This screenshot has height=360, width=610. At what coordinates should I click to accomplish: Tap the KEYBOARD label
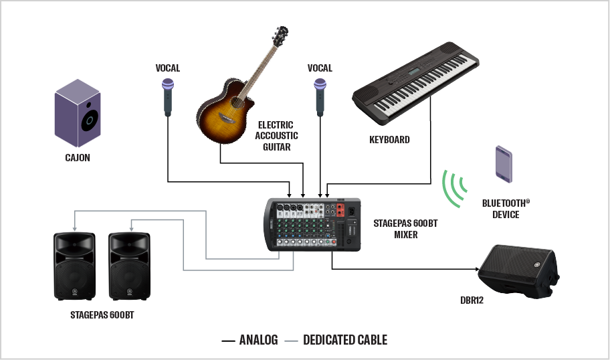pos(389,140)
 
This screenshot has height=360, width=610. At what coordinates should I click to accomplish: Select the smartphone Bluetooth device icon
pos(504,164)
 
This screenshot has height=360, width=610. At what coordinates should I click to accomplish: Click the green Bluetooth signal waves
pos(454,189)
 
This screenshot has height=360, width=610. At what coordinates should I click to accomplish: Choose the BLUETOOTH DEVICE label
pos(506,208)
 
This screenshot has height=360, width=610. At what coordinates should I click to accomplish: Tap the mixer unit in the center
pos(313,225)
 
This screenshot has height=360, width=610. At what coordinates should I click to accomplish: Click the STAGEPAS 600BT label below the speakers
pos(102,314)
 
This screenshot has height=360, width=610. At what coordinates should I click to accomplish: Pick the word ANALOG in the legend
pos(258,340)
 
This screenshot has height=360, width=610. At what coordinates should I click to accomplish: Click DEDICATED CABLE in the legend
pos(345,340)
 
